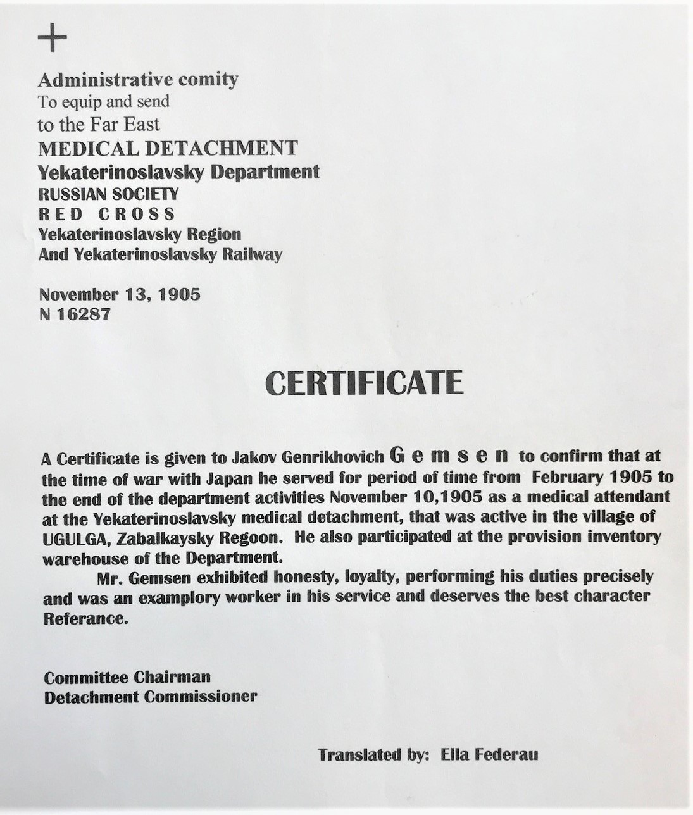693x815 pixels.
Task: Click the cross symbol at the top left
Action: tap(53, 40)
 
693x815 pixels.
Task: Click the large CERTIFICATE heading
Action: tap(364, 383)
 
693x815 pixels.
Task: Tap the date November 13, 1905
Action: tap(120, 295)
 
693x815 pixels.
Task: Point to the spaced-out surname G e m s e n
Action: tap(451, 455)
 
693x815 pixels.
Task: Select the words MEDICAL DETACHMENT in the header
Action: tap(168, 148)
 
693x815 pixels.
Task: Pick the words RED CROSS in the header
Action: tap(106, 214)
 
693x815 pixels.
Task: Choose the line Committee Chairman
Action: tap(127, 677)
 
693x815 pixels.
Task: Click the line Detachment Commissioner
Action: tap(151, 697)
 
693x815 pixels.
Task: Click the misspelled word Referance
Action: tap(85, 618)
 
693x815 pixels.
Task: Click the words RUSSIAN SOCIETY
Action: tap(108, 194)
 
